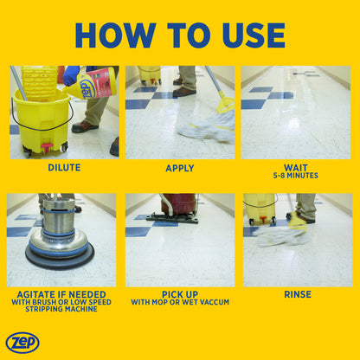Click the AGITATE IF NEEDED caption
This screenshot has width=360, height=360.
point(64,294)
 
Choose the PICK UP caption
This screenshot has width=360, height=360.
point(180,294)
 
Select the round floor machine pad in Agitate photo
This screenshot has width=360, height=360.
point(60,254)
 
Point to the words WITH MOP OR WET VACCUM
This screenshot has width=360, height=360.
point(180,303)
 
